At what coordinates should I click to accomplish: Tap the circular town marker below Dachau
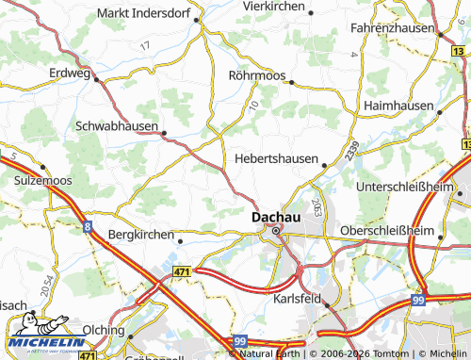(x=275, y=230)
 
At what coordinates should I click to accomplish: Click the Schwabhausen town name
(x=117, y=124)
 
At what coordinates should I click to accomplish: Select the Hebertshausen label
(x=276, y=159)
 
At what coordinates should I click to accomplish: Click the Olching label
(x=104, y=331)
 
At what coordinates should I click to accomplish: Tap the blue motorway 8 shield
(x=87, y=226)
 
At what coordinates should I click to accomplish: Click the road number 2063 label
(x=316, y=208)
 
